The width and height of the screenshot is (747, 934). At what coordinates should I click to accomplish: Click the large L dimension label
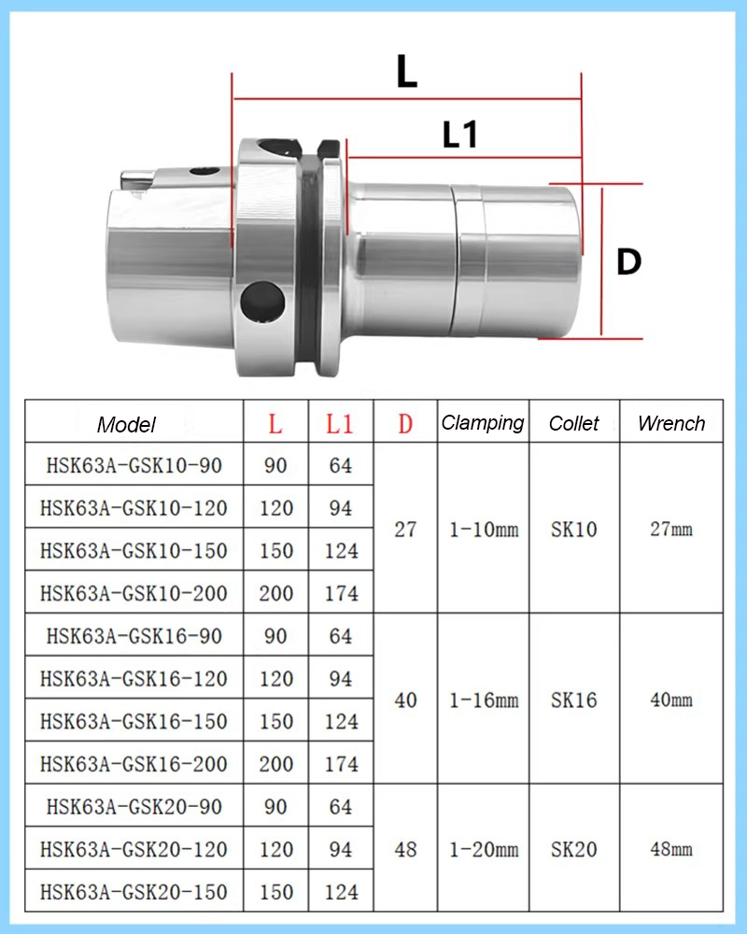click(406, 71)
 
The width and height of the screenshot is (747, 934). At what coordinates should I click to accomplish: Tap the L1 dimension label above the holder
click(459, 135)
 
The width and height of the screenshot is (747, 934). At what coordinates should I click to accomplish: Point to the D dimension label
click(629, 262)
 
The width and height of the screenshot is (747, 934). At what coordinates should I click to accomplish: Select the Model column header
click(126, 425)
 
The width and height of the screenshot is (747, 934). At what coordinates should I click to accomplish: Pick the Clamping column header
click(483, 423)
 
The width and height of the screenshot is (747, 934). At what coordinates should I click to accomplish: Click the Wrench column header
click(671, 423)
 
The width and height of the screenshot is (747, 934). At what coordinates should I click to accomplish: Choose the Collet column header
click(573, 423)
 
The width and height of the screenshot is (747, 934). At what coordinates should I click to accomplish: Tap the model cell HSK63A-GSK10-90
click(134, 464)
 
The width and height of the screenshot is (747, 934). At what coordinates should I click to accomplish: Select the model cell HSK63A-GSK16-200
click(134, 764)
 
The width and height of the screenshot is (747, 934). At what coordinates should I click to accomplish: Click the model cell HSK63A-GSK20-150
click(134, 892)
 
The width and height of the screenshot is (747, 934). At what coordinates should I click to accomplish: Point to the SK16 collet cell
click(573, 700)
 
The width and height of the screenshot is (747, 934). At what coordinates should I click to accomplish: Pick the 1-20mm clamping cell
click(483, 850)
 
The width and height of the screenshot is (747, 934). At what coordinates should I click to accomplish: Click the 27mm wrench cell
click(671, 530)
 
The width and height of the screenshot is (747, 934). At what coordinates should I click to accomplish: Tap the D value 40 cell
click(405, 700)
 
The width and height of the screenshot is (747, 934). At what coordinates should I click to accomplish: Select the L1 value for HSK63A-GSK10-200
click(341, 593)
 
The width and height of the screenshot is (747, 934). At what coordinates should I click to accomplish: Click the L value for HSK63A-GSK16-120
click(275, 679)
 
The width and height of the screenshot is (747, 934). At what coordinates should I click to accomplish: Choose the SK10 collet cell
click(573, 530)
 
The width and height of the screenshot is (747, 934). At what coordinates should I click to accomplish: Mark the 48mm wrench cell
click(671, 850)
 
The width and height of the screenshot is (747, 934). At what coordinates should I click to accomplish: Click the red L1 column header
click(341, 424)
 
